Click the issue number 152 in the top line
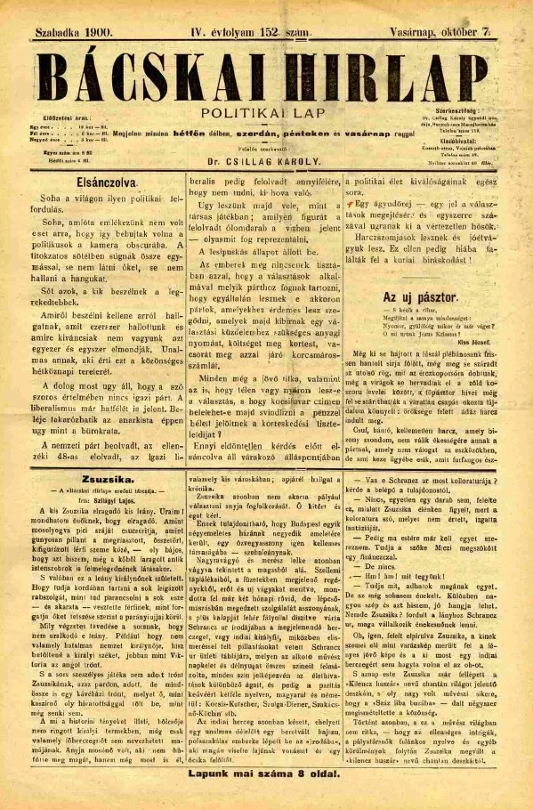pyautogui.click(x=272, y=30)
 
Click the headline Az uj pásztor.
pyautogui.click(x=418, y=296)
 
